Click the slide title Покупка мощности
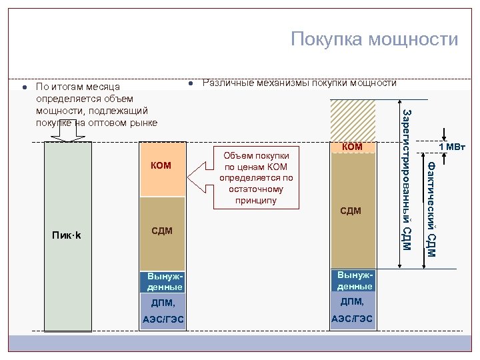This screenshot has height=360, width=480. coord(374,39)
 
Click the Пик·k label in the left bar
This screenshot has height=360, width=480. coord(67,235)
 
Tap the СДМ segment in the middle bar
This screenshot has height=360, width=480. coord(161,231)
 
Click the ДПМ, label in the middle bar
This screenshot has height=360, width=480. coord(163,303)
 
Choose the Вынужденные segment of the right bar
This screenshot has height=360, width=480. coord(354,281)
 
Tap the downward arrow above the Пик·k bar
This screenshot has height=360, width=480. coord(67,133)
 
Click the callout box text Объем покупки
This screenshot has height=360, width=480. coord(256,155)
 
